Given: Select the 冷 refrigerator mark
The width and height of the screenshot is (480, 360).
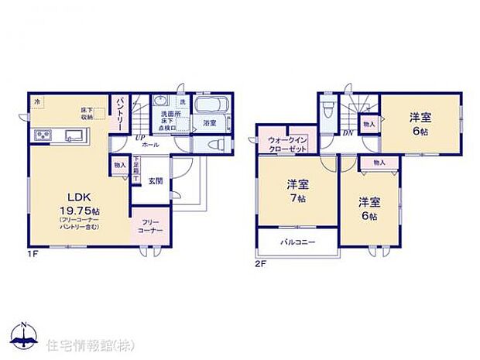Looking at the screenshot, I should coord(36,101).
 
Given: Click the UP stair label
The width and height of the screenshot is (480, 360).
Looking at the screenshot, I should coord(142,138).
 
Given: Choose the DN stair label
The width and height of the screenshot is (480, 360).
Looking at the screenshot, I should coord(348,132).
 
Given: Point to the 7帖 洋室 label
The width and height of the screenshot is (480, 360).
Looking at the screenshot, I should coord(297,190).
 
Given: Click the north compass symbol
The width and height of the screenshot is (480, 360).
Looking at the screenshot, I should coord(25,333).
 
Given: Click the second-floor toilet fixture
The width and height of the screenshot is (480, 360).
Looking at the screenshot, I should coord(327,113).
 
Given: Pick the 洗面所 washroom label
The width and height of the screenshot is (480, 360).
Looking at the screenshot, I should coord(171,114).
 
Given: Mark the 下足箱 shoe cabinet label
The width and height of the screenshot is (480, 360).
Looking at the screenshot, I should coord(136,168).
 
